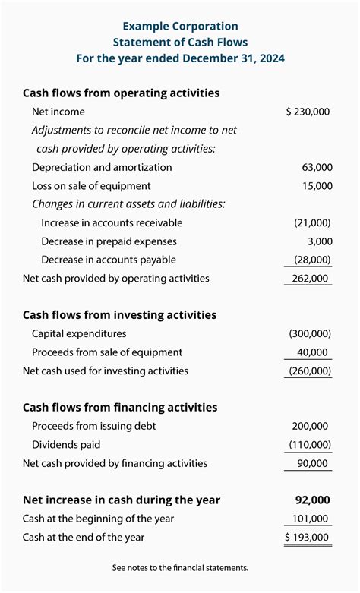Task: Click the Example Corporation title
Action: pyautogui.click(x=180, y=27)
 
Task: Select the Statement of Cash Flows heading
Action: pyautogui.click(x=180, y=43)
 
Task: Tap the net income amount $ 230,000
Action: pyautogui.click(x=308, y=112)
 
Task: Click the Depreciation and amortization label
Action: pyautogui.click(x=102, y=167)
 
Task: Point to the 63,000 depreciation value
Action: pyautogui.click(x=317, y=167)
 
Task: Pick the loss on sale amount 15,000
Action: pyautogui.click(x=317, y=186)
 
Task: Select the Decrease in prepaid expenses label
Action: pyautogui.click(x=109, y=241)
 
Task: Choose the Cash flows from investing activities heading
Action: pyautogui.click(x=119, y=315)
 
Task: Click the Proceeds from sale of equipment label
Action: pyautogui.click(x=107, y=352)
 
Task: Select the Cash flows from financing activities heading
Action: pyautogui.click(x=120, y=408)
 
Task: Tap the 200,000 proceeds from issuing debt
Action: pyautogui.click(x=312, y=427)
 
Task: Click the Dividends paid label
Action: pyautogui.click(x=66, y=445)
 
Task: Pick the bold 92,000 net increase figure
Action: pyautogui.click(x=313, y=500)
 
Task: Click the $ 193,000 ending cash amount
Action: pyautogui.click(x=308, y=538)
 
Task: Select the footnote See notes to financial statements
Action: pyautogui.click(x=180, y=568)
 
